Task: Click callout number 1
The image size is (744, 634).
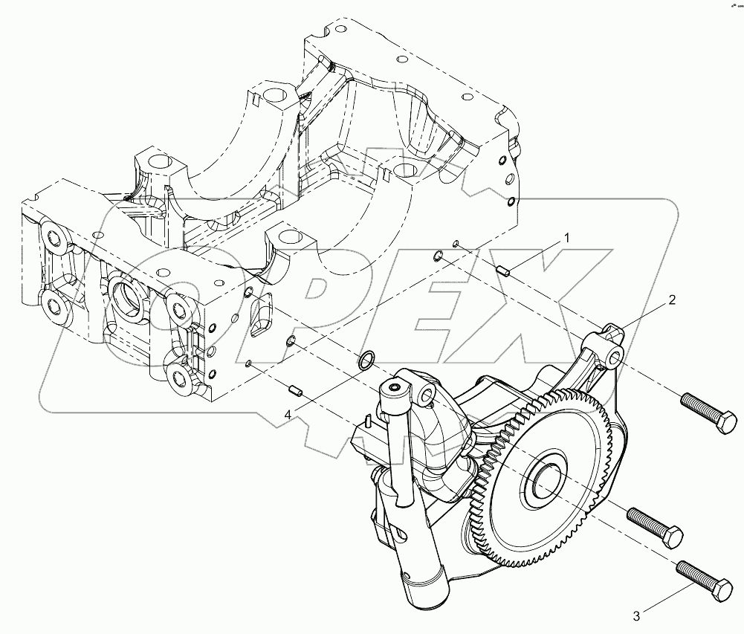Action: click(566, 239)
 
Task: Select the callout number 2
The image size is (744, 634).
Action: click(671, 300)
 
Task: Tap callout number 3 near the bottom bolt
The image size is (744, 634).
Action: click(635, 615)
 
